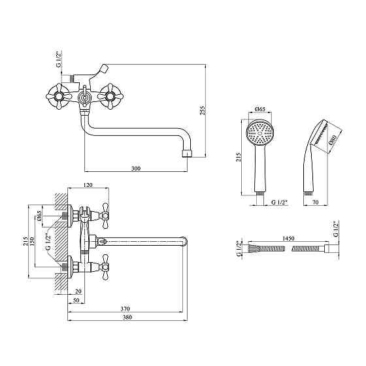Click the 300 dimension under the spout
pos(136,168)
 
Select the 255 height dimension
pos(203,110)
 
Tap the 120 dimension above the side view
pos(88,185)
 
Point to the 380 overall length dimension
pos(127,317)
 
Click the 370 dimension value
pos(125,308)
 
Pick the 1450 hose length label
pos(288,239)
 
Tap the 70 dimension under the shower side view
pos(315,203)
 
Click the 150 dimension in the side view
pos(32,241)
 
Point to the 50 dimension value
pos(76,300)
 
